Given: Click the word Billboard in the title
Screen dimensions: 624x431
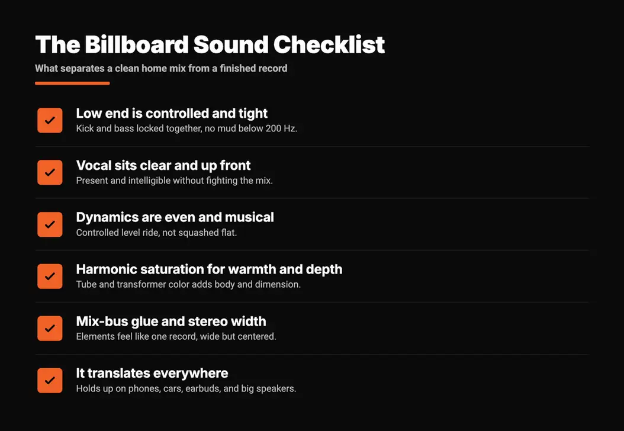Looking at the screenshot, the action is [137, 44].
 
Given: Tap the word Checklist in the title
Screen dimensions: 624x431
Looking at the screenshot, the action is [329, 44].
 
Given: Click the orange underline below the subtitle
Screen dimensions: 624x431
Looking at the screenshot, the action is [72, 83].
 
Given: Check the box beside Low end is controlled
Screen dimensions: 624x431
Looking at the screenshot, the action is [50, 120].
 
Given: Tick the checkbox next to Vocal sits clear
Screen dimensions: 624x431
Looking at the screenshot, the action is [50, 172].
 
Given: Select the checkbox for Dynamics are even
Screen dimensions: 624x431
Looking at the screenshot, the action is [50, 224].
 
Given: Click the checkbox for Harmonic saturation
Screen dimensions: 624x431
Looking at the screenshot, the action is [50, 276].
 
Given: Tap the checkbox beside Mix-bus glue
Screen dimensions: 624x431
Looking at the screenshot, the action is [50, 329].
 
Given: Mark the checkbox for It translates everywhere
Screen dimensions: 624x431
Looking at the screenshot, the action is [50, 381].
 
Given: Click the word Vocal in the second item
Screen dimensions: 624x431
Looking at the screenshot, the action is [91, 165].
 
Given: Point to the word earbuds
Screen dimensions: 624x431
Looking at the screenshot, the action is [202, 388].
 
